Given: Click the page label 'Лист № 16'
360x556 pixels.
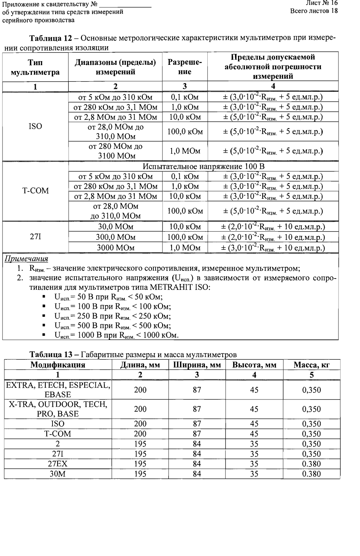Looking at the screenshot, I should [322, 3].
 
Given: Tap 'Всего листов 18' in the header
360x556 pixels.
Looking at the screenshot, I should [314, 11].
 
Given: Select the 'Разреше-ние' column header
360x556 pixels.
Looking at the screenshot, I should [185, 67].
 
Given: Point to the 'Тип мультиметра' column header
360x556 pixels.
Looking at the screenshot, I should [35, 67].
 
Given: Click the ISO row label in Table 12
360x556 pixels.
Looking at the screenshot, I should [35, 126].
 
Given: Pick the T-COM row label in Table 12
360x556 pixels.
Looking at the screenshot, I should [35, 191].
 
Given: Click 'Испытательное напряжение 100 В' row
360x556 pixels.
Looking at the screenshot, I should [203, 167].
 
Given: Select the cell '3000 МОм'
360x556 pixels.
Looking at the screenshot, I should [116, 248].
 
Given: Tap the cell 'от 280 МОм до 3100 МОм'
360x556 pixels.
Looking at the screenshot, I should [116, 151].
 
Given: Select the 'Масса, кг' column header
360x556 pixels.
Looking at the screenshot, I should [312, 365].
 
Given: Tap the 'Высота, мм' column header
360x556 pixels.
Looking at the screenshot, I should [254, 365].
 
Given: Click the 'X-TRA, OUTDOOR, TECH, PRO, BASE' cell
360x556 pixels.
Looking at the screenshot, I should [58, 409].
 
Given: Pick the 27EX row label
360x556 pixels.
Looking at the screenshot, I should [58, 464].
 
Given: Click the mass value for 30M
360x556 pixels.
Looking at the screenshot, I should [312, 474].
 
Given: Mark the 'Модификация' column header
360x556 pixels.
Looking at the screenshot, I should [58, 365].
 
